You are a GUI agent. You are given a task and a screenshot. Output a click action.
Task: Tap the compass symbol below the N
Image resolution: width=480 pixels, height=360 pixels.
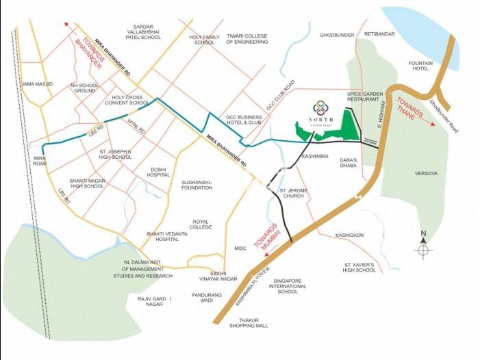pos(424,251)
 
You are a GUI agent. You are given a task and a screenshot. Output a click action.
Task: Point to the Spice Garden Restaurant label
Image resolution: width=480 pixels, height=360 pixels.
pos(363,96)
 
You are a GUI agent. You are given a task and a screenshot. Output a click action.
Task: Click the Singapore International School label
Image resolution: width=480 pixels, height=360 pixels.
pos(288,285)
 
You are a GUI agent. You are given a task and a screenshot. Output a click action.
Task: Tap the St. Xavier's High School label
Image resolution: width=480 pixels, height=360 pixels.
pos(359,267)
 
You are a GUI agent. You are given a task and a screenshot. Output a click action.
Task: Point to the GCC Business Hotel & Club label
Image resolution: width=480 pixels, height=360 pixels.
pos(244,120)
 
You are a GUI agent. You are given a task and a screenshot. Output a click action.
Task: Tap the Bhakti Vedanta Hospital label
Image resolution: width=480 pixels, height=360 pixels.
pos(167,237)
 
